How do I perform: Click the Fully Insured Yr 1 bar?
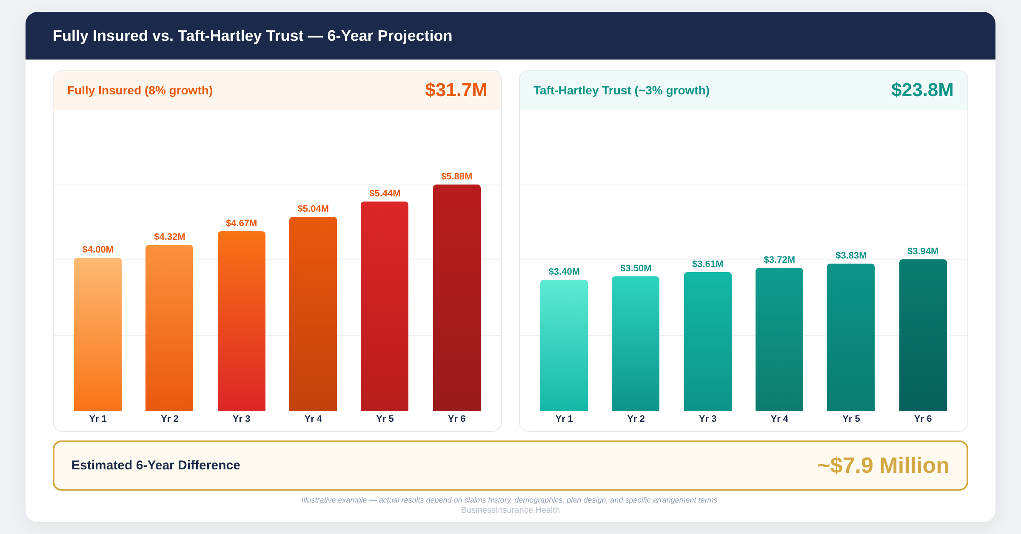(98, 334)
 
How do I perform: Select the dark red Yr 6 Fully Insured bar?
(457, 298)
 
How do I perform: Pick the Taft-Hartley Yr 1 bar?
(564, 345)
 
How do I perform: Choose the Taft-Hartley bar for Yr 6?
(923, 335)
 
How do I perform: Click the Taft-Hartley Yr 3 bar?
(708, 341)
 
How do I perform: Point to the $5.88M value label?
(456, 176)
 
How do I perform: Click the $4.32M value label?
(169, 237)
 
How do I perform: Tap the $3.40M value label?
(564, 272)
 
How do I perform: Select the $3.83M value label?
(851, 256)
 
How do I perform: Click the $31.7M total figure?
(456, 90)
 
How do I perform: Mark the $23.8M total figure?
(922, 90)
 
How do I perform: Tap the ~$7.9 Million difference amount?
(883, 466)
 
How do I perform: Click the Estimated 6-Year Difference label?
(156, 465)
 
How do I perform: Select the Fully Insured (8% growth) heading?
(140, 91)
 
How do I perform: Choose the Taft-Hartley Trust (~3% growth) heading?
(621, 91)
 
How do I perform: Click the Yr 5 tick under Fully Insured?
(385, 419)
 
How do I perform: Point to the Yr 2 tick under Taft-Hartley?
(636, 419)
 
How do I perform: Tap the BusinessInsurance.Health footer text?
(510, 510)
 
